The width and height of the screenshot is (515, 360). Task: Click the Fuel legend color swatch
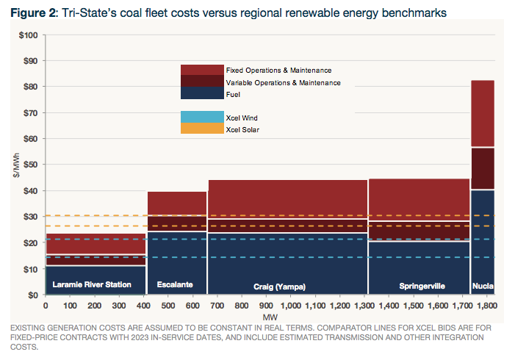click(x=202, y=93)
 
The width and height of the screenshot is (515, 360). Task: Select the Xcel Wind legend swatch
click(x=202, y=118)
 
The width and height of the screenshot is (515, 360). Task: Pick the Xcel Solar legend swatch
click(x=202, y=129)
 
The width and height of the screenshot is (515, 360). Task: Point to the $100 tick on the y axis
click(x=27, y=35)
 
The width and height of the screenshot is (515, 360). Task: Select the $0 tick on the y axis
click(x=32, y=295)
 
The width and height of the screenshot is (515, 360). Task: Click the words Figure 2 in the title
click(x=35, y=12)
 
